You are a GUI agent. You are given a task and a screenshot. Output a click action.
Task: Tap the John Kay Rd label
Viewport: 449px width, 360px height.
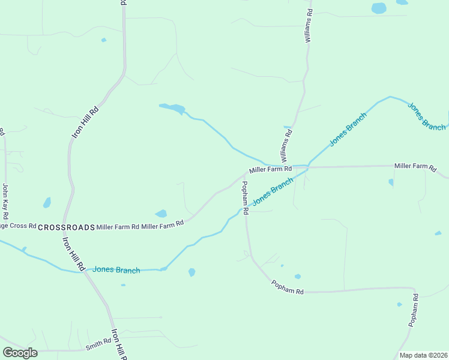[x=5, y=201]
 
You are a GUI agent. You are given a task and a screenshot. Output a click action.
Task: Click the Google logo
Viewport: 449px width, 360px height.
[x=20, y=353]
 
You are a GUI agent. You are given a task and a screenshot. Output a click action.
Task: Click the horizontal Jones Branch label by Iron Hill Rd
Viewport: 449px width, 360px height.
[x=116, y=270]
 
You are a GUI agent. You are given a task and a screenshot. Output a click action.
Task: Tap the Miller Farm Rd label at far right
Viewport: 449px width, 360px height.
[x=415, y=167]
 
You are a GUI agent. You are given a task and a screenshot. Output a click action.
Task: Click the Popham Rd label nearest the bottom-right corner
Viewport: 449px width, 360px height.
[x=413, y=311]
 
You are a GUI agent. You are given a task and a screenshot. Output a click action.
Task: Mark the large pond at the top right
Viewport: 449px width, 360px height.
[x=379, y=8]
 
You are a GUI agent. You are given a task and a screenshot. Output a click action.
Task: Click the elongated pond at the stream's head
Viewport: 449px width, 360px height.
[x=173, y=109]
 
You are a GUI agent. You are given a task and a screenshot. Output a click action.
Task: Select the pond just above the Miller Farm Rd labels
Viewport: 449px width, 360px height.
[x=161, y=214]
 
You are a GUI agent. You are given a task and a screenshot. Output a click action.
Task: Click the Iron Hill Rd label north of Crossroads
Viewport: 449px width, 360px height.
[x=85, y=123]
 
